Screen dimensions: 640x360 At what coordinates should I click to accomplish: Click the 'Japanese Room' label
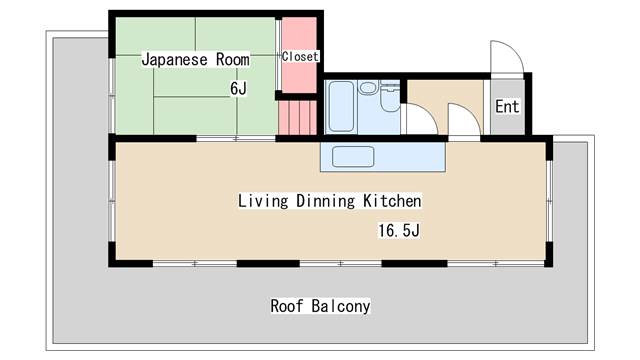pos(196,60)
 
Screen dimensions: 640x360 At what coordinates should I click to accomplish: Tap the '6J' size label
pos(238,88)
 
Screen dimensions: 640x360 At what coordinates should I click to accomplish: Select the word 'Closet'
pos(300,56)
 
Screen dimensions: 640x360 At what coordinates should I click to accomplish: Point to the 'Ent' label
pos(507,107)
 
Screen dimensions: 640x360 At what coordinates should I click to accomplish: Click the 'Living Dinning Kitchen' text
pos(330,201)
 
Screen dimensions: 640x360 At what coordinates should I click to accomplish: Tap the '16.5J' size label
pos(399,231)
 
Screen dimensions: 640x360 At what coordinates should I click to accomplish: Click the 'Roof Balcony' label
pos(320,306)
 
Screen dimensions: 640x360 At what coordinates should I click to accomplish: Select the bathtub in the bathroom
pos(341,106)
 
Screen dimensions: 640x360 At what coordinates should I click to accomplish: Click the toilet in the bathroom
pos(390,96)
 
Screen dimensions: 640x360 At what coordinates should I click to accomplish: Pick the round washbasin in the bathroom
pos(368,87)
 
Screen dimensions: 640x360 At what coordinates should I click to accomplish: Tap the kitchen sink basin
pos(353,157)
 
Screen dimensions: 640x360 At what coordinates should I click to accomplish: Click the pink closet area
pos(300,55)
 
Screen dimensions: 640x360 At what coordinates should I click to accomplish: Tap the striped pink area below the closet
pos(298,118)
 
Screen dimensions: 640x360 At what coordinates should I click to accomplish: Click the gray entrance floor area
pos(507,107)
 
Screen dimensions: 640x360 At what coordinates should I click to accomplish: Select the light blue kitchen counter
pos(383,157)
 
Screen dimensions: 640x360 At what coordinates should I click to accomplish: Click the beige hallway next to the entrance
pos(446,107)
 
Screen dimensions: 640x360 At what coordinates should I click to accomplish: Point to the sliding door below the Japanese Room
pos(236,139)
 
